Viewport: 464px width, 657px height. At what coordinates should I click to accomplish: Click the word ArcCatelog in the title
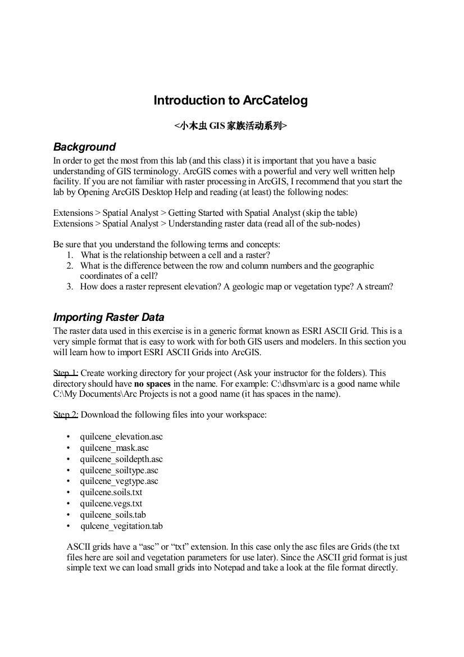(x=275, y=101)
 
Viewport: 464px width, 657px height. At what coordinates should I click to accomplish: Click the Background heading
(x=84, y=147)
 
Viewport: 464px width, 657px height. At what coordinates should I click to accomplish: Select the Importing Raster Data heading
(x=108, y=317)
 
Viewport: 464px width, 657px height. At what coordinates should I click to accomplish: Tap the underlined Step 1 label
(x=66, y=373)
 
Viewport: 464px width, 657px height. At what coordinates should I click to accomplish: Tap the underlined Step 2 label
(x=66, y=415)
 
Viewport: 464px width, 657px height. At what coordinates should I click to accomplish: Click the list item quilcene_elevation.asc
(x=121, y=437)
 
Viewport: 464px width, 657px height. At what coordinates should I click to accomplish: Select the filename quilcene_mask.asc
(x=114, y=448)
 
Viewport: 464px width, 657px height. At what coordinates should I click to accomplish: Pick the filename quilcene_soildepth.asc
(x=121, y=459)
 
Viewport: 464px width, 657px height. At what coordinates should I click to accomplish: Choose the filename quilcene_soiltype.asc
(x=119, y=470)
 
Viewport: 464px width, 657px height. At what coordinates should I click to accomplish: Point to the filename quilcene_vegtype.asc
(x=119, y=481)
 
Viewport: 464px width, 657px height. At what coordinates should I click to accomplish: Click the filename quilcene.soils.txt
(x=111, y=492)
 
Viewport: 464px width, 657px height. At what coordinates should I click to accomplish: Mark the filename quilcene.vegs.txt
(x=111, y=504)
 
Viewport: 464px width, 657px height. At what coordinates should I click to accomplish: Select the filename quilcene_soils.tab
(x=113, y=515)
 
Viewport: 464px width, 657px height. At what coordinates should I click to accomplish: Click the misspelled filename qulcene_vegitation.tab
(x=121, y=526)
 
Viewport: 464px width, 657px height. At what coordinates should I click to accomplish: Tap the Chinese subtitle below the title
(x=231, y=126)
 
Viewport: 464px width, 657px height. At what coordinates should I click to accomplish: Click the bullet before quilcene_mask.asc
(x=68, y=448)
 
